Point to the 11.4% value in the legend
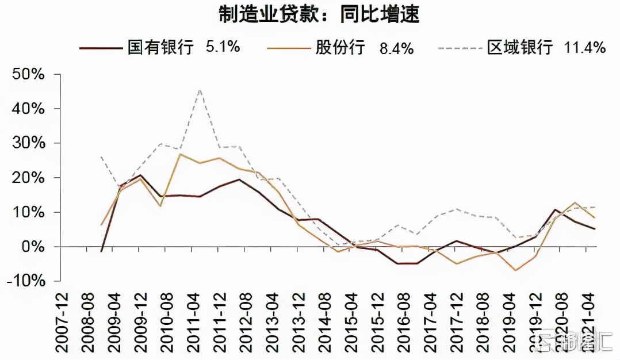click(x=584, y=48)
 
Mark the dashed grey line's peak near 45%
click(x=199, y=89)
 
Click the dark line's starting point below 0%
click(x=101, y=251)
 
